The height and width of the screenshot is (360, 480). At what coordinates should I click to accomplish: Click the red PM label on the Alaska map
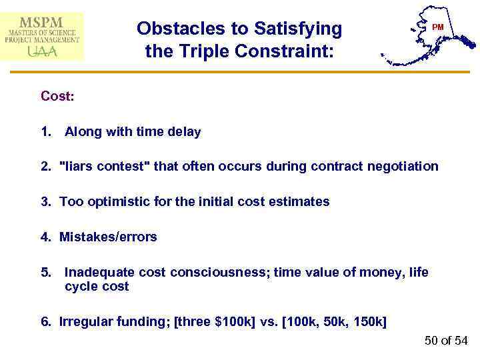click(437, 27)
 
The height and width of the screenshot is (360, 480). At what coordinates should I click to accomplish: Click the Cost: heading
click(57, 96)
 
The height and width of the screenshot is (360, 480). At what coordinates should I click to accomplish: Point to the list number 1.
click(45, 132)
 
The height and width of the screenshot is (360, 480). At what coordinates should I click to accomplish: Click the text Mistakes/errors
click(108, 237)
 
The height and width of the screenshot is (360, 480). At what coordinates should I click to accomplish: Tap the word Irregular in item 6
click(84, 322)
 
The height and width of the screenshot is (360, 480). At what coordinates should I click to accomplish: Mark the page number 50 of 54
click(446, 341)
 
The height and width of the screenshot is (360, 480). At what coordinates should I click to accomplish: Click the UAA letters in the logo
click(42, 51)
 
